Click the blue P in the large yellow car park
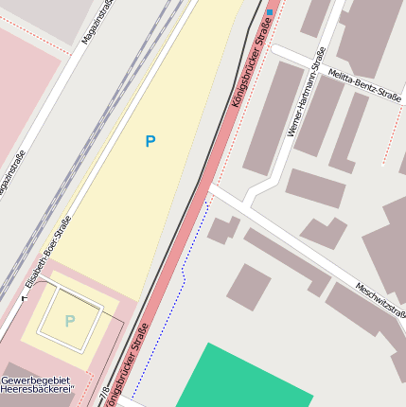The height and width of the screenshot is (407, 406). tap(150, 142)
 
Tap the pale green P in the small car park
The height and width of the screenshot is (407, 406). tap(69, 321)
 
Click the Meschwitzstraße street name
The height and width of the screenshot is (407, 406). tap(380, 300)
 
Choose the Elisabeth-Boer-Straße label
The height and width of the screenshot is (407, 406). tap(48, 252)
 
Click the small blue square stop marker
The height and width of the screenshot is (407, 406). tap(270, 12)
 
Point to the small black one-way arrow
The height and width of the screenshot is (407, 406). tap(24, 297)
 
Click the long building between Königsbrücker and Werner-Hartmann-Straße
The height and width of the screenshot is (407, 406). tap(273, 117)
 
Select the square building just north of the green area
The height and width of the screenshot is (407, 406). tap(249, 287)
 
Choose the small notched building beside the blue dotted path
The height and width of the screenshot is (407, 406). tap(223, 229)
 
